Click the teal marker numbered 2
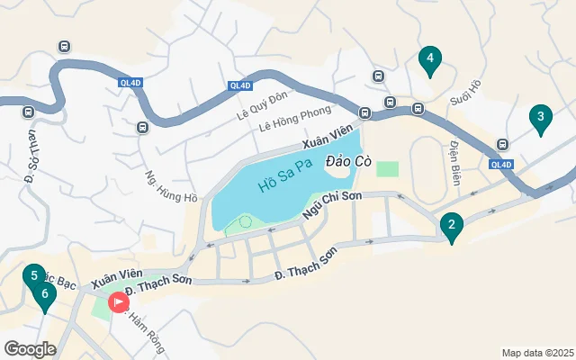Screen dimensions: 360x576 coord(451,224)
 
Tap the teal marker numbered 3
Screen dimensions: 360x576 coord(540,117)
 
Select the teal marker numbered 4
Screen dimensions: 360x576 coord(430,60)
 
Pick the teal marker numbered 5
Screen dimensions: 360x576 coord(33,276)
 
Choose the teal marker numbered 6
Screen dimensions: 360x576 coord(43,293)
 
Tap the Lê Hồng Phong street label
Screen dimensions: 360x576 coord(294,122)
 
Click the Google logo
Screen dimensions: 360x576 coord(30,348)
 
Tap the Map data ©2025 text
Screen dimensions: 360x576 coord(537,353)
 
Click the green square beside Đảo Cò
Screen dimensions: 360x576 coord(387,168)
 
